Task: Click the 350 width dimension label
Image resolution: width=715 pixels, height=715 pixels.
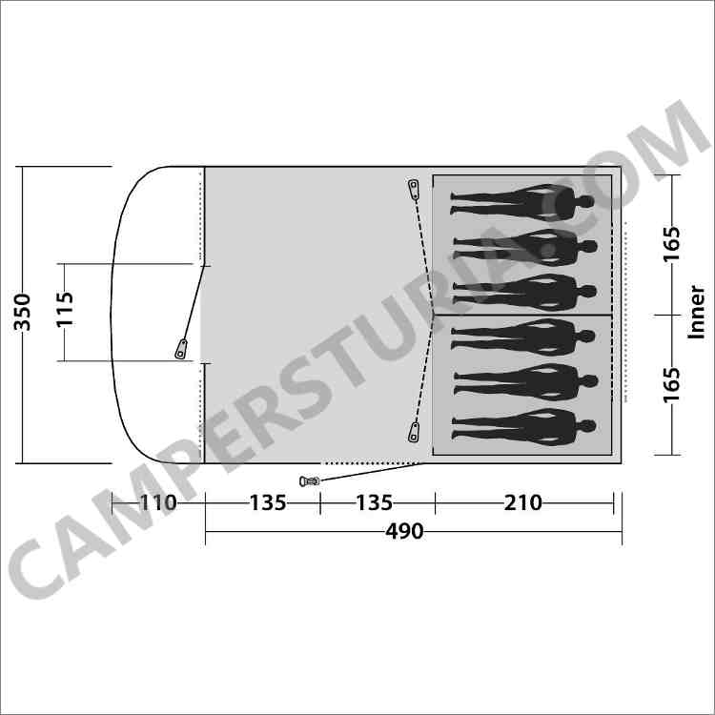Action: click(22, 313)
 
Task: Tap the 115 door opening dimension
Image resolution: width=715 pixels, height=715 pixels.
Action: click(64, 309)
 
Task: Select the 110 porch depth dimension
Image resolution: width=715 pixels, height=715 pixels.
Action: click(157, 503)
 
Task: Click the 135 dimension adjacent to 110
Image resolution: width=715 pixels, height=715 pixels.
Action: click(268, 503)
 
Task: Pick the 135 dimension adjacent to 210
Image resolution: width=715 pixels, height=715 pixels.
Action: click(374, 503)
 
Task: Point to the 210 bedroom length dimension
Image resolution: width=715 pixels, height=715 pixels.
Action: click(522, 503)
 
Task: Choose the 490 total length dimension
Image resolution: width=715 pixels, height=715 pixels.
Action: click(404, 531)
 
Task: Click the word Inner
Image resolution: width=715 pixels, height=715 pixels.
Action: click(696, 313)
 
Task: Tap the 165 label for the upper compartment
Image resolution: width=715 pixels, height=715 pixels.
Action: click(671, 244)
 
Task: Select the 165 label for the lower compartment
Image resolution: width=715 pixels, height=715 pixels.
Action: click(671, 385)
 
